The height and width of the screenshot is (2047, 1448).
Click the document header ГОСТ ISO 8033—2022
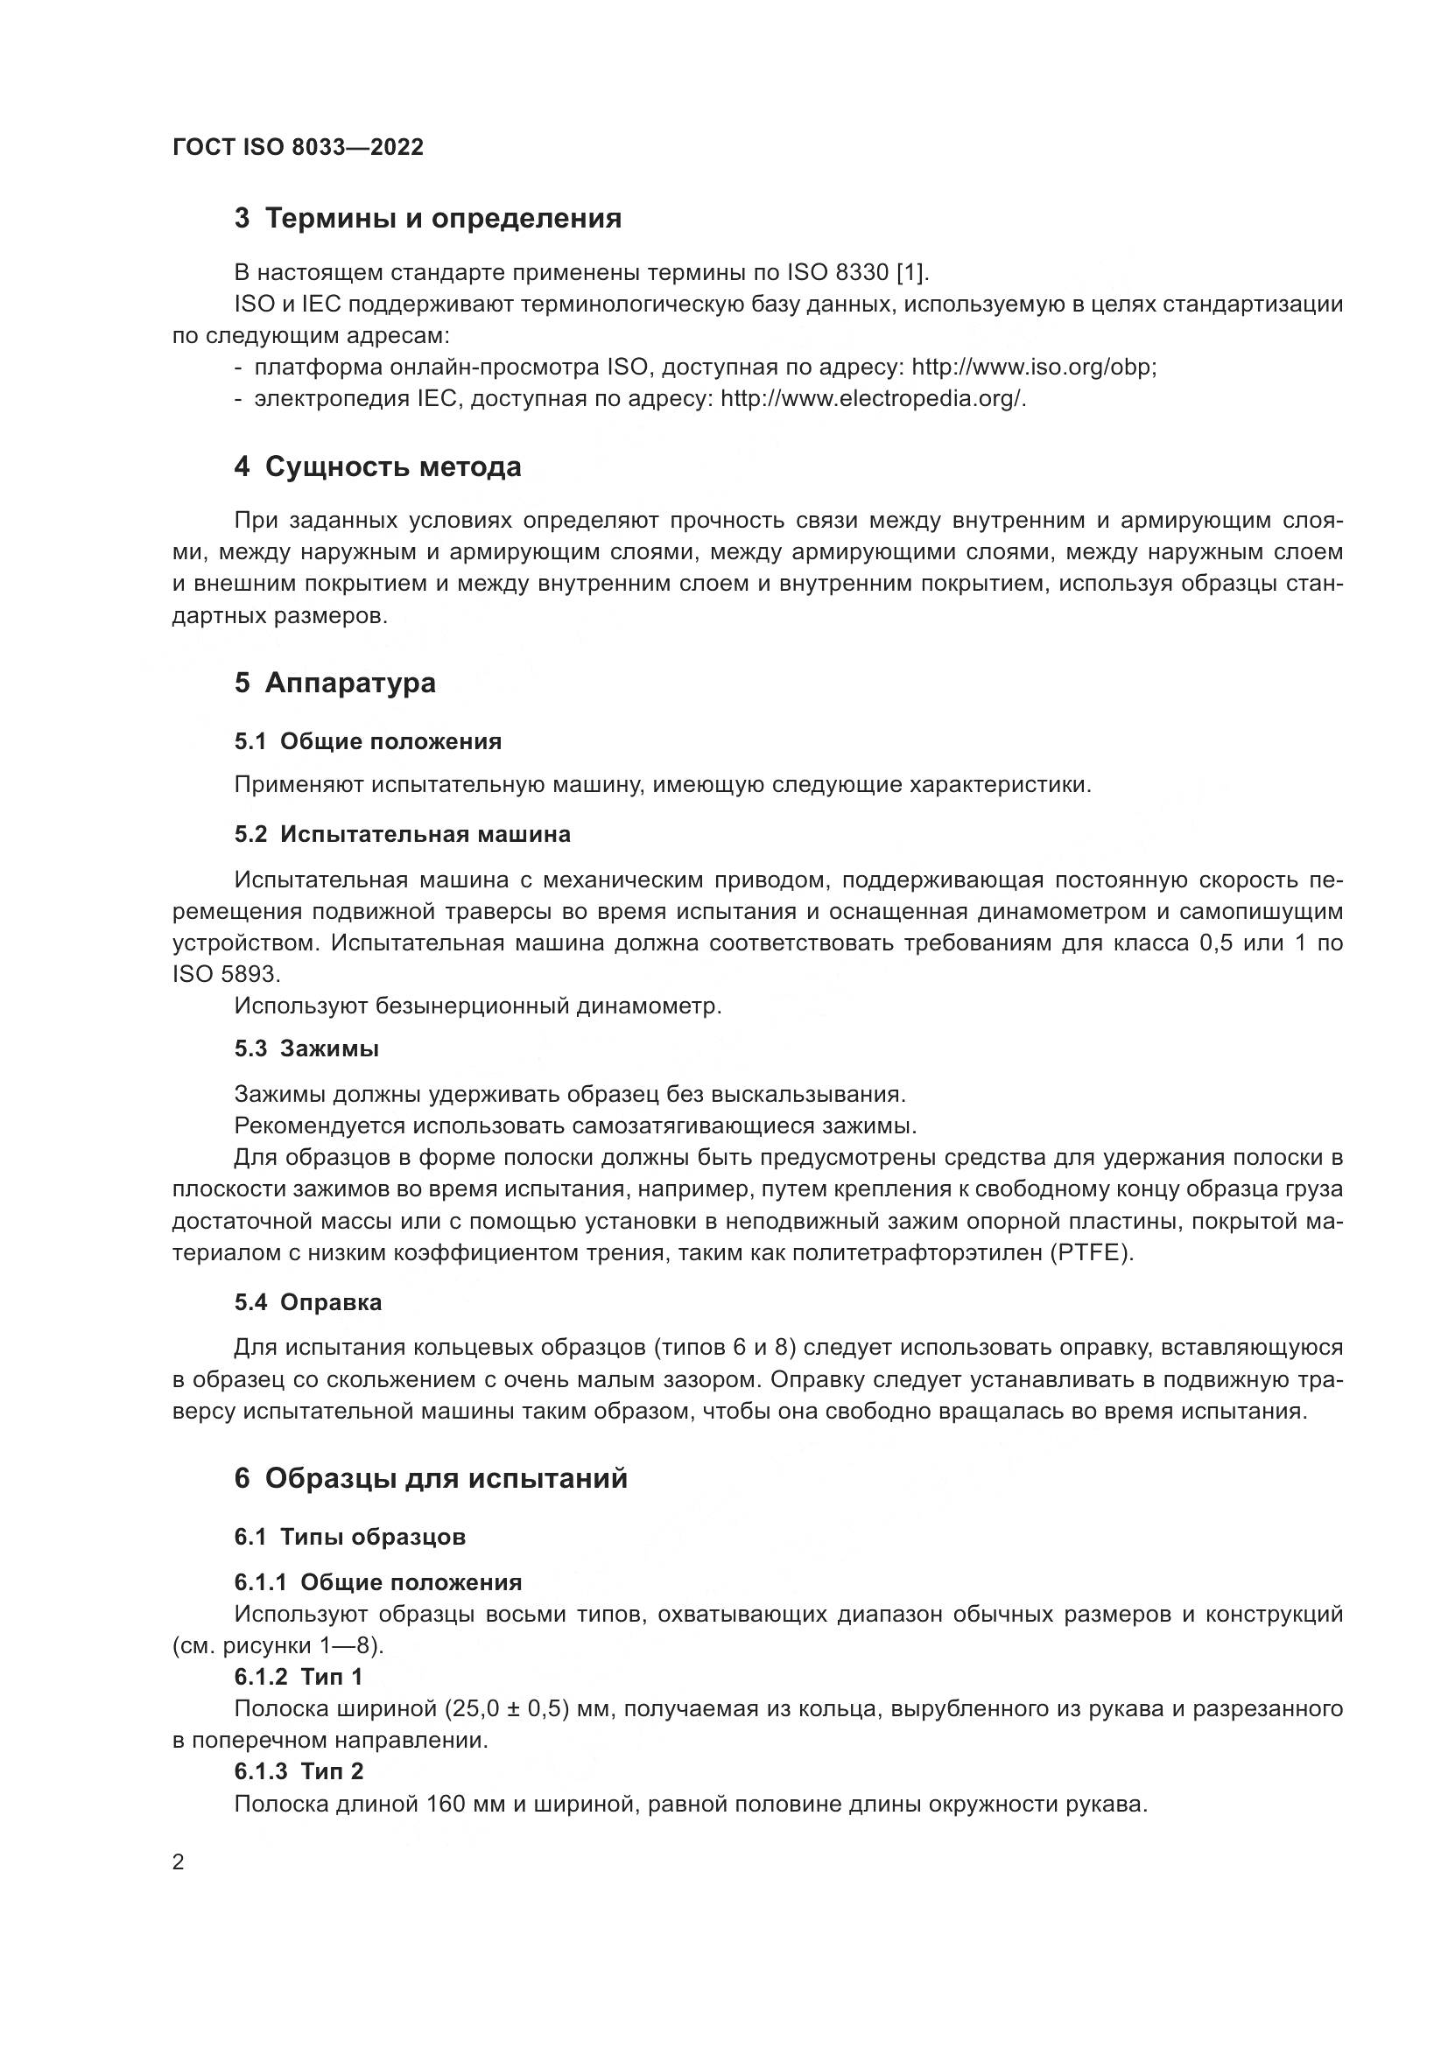pyautogui.click(x=298, y=147)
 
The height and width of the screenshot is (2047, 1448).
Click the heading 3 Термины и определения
pyautogui.click(x=427, y=218)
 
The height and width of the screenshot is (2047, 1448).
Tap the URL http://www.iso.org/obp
pyautogui.click(x=1032, y=368)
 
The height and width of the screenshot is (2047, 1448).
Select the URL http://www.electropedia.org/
pyautogui.click(x=872, y=398)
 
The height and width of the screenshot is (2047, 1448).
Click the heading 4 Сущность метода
pyautogui.click(x=377, y=466)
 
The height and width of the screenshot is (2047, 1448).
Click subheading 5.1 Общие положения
pyautogui.click(x=368, y=741)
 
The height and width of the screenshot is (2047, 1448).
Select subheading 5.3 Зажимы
pyautogui.click(x=306, y=1048)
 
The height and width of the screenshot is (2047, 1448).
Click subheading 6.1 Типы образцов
pyautogui.click(x=349, y=1536)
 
